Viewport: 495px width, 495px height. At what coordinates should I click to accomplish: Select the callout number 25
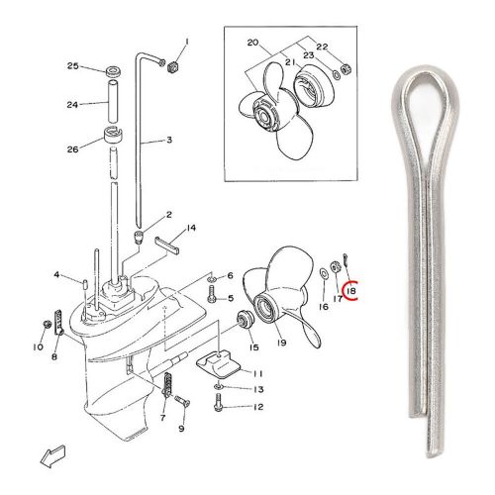[x=72, y=66]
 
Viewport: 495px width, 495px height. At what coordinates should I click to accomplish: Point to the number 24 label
[x=72, y=103]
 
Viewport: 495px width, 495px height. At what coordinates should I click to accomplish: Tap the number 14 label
[x=191, y=228]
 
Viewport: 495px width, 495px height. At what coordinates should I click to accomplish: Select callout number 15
[x=252, y=347]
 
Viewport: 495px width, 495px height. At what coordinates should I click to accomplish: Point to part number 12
[x=258, y=407]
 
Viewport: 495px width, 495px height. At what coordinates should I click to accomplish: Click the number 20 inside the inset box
[x=251, y=45]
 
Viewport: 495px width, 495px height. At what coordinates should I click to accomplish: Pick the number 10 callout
[x=38, y=346]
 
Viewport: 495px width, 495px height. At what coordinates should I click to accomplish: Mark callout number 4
[x=57, y=274]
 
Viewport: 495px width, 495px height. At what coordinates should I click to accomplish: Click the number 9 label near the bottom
[x=181, y=429]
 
